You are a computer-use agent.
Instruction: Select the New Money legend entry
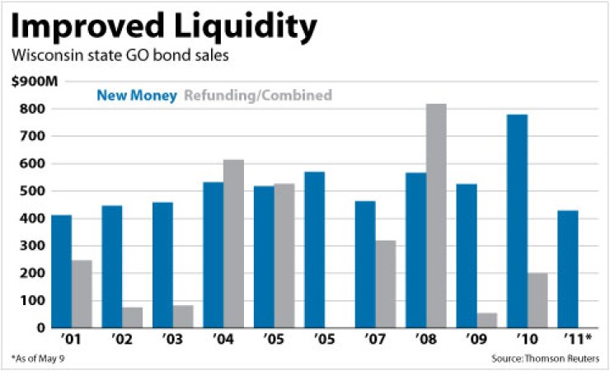click(x=136, y=95)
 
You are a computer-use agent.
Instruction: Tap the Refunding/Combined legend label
click(x=258, y=95)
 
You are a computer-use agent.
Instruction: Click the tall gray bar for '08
click(x=437, y=216)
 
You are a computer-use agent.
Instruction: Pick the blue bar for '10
click(x=517, y=221)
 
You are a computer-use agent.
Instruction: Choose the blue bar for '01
click(x=61, y=271)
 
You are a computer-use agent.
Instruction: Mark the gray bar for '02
click(x=133, y=317)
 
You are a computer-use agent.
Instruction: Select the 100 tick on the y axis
click(x=34, y=300)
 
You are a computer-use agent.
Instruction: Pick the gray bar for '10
click(x=537, y=300)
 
